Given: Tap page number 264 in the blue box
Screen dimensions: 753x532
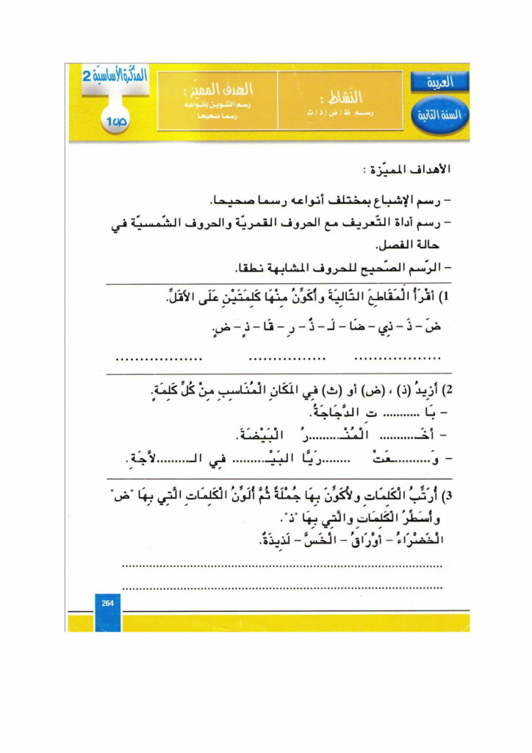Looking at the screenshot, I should [107, 603].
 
